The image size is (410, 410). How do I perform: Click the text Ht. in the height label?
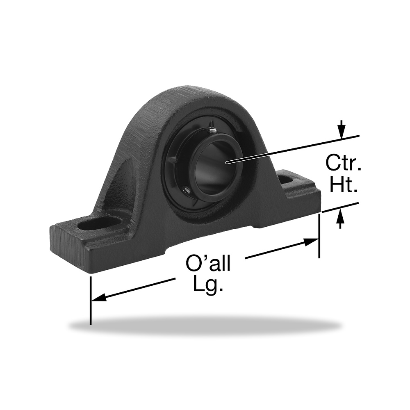(x=343, y=184)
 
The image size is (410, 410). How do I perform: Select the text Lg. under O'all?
(x=208, y=284)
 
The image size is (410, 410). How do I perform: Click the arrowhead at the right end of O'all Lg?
(x=311, y=242)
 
